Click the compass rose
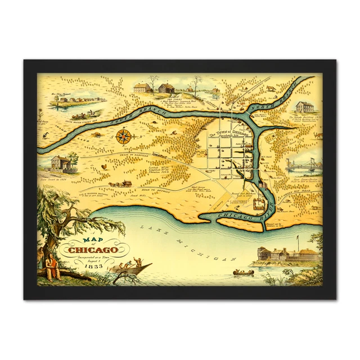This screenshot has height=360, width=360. coord(124,136)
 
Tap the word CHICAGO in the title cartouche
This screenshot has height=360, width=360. coord(93,250)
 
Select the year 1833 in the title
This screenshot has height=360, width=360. coord(94,265)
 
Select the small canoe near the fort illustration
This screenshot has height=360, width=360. coord(243,273)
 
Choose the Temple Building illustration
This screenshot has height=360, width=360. coord(304,106)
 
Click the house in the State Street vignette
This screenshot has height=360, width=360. coord(61,163)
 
